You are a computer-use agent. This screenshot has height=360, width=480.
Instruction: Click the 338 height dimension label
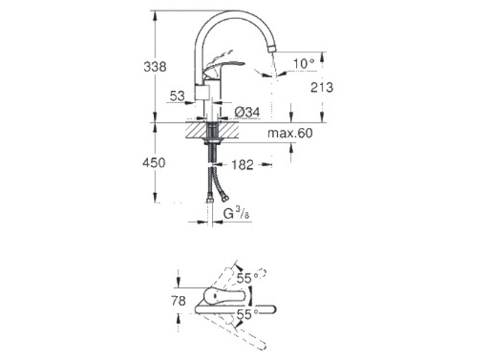(x=155, y=67)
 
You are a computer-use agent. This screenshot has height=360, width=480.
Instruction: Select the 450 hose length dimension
(x=154, y=163)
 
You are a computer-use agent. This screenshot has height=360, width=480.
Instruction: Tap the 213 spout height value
(x=322, y=88)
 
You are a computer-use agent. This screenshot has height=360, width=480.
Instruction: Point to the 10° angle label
(x=304, y=64)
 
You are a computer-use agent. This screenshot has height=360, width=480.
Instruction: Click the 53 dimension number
(x=177, y=97)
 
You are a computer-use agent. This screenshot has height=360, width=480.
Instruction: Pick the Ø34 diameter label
(x=247, y=112)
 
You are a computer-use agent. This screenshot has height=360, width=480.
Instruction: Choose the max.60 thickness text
(x=290, y=133)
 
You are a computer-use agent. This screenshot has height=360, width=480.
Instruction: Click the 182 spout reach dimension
(x=242, y=164)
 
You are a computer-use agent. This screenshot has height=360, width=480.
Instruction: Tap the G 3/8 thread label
(x=236, y=214)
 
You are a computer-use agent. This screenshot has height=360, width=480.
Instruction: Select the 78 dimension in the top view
(x=178, y=301)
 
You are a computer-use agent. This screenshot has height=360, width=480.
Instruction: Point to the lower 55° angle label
(x=248, y=314)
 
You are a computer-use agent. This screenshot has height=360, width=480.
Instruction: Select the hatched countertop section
(x=212, y=131)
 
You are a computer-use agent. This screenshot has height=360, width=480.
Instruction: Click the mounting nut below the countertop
(x=212, y=141)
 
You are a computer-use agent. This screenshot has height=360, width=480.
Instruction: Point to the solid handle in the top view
(x=225, y=296)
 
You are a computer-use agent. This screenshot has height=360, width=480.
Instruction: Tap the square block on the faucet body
(x=202, y=92)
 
